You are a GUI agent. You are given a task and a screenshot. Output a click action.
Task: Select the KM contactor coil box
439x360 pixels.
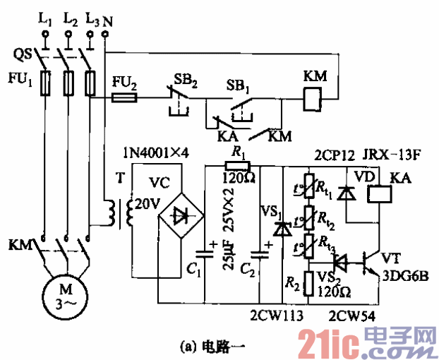tap(308, 101)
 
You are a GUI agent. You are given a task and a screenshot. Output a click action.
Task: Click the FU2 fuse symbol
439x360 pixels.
tap(128, 100)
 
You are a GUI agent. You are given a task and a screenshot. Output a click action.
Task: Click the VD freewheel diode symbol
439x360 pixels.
tap(345, 192)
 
